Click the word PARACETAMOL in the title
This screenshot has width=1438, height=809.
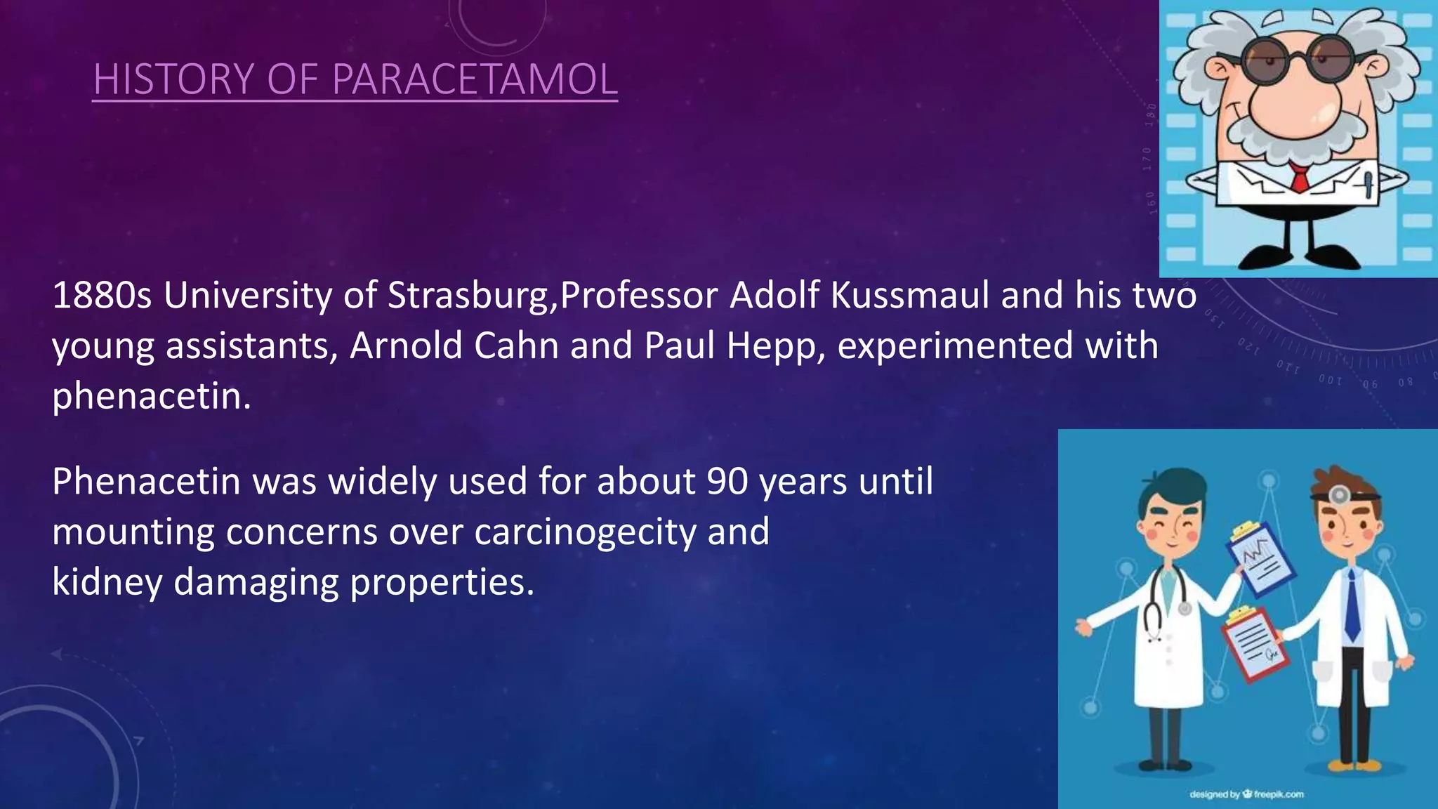[474, 79]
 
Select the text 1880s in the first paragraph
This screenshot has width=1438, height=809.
[102, 296]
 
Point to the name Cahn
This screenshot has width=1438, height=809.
[516, 346]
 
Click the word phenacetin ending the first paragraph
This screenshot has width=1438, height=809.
[151, 396]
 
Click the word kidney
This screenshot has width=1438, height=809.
[107, 582]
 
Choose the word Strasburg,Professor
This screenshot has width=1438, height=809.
[552, 296]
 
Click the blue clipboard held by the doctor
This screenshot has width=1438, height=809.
[1260, 558]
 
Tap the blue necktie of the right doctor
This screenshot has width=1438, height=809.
[1351, 607]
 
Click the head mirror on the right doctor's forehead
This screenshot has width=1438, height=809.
[1339, 494]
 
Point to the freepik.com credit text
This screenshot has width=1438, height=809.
[1246, 794]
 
